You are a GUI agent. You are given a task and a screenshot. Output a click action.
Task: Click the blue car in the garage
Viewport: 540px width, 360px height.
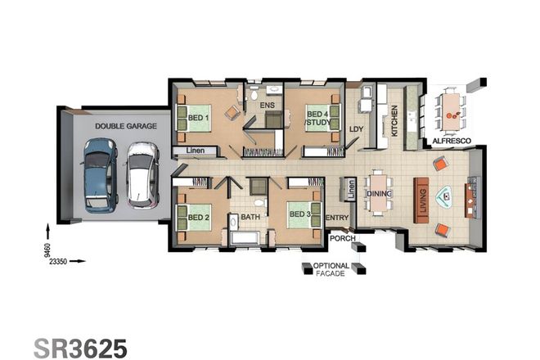tap(100, 173)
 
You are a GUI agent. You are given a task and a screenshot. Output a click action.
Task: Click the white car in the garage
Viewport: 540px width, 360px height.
tap(142, 174)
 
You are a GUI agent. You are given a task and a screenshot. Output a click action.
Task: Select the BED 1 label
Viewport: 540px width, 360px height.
tap(197, 118)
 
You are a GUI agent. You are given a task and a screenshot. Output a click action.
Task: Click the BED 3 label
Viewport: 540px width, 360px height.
tap(298, 215)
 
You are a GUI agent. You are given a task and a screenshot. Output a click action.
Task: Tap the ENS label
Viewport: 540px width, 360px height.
tap(267, 106)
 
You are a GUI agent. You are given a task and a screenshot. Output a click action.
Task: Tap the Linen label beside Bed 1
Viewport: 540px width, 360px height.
tap(196, 151)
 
